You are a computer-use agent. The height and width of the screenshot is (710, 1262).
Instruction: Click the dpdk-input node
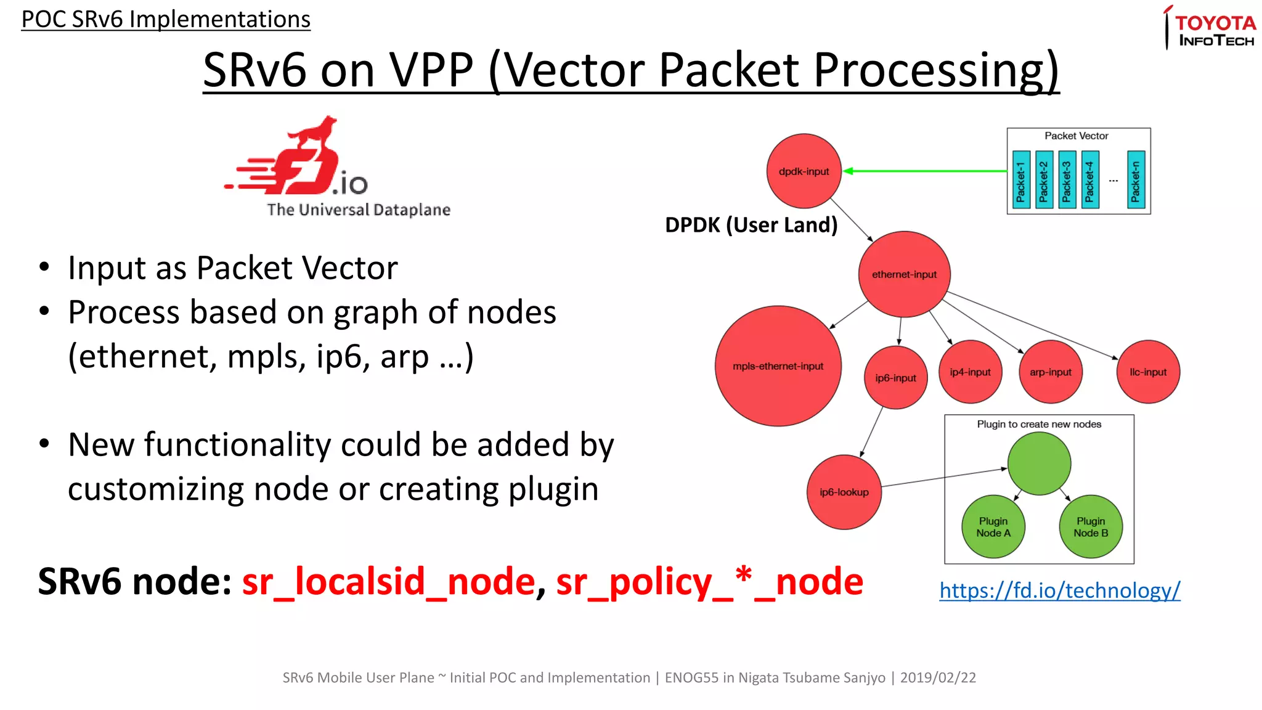(804, 171)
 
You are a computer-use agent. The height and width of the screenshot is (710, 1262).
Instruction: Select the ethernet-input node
(904, 274)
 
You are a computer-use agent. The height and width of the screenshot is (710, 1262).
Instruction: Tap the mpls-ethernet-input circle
(778, 366)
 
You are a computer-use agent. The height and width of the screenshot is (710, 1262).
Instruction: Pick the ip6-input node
(895, 378)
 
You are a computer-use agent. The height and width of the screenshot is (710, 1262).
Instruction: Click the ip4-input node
(970, 372)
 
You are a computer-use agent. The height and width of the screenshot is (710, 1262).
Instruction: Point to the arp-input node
(1050, 372)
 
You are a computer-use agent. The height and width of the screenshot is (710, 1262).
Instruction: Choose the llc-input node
(1147, 372)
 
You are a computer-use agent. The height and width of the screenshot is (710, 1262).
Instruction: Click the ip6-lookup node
(844, 492)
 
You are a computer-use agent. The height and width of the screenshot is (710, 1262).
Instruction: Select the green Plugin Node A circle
(993, 527)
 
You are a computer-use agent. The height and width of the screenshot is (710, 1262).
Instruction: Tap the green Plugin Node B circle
(1090, 527)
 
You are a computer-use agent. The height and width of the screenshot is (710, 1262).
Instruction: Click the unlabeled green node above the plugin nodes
(1039, 463)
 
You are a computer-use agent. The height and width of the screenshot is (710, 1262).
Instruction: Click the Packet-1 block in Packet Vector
(1021, 180)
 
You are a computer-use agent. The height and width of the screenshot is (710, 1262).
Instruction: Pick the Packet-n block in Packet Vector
(1136, 180)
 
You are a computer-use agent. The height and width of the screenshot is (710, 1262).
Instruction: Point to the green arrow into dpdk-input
(924, 171)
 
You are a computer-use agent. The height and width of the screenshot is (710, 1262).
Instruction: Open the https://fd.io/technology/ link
(1059, 590)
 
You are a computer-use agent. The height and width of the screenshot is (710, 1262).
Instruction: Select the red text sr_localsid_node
(388, 582)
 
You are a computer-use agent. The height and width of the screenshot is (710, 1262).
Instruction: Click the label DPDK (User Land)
(751, 225)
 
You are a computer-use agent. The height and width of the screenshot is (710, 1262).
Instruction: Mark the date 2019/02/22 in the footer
(938, 678)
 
